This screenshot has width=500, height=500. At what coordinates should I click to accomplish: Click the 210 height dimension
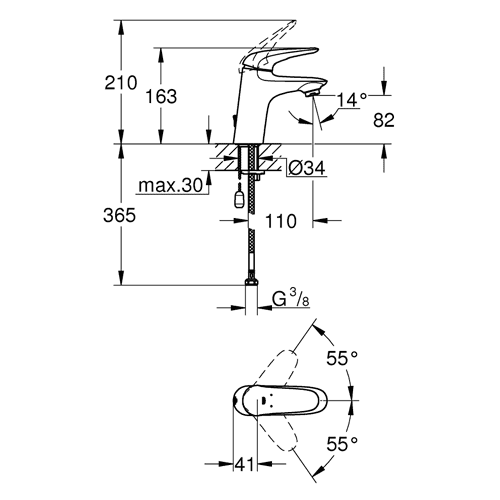(x=121, y=83)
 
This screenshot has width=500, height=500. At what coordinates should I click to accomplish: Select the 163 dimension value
(x=161, y=97)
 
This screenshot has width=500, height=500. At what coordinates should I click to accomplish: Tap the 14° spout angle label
(x=352, y=100)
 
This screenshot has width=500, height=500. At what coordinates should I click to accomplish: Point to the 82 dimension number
(x=384, y=120)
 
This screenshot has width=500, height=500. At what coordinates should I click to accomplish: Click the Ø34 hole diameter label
(x=306, y=168)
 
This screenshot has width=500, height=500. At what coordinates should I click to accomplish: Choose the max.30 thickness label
(x=171, y=185)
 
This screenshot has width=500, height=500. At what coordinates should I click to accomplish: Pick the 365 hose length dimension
(x=119, y=215)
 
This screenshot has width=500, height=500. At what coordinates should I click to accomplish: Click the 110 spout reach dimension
(x=281, y=221)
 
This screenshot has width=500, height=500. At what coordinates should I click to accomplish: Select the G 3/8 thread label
(x=291, y=298)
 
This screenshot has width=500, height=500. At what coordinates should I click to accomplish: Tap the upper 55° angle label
(x=342, y=358)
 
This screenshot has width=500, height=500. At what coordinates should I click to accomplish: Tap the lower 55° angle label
(x=342, y=443)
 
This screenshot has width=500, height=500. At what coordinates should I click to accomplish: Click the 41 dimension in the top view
(x=245, y=464)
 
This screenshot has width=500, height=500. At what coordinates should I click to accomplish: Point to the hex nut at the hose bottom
(x=251, y=283)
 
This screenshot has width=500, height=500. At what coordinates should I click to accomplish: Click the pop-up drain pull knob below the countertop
(x=239, y=200)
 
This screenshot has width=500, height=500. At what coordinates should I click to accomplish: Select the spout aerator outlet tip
(x=312, y=93)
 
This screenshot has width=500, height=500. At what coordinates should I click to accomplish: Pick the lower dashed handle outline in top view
(x=275, y=433)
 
